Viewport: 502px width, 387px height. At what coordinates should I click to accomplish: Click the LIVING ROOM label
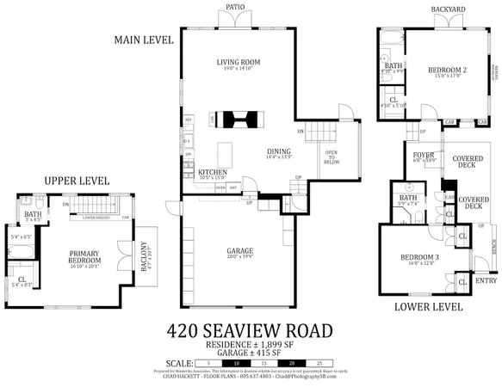[x=238, y=62]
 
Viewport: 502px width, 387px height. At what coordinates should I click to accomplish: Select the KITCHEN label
[x=213, y=172]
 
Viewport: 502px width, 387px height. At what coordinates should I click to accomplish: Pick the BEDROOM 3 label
[x=419, y=257]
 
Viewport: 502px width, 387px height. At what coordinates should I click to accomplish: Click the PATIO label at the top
[x=236, y=7]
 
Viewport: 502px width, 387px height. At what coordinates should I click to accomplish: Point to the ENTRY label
[x=486, y=280]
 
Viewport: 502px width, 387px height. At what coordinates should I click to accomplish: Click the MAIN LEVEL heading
[x=144, y=40]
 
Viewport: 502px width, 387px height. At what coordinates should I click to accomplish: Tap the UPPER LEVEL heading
[x=77, y=181]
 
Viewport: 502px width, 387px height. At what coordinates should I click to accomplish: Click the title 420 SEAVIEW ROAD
[x=250, y=330]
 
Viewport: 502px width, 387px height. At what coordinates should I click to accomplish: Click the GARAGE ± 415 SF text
[x=251, y=353]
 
